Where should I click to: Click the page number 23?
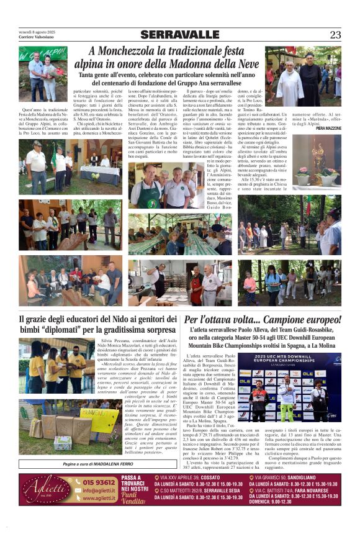click(x=335, y=35)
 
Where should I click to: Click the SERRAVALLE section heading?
click(x=180, y=35)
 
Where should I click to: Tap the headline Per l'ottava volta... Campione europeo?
click(x=263, y=320)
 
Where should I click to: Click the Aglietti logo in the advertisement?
click(x=47, y=489)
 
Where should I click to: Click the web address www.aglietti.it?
click(x=98, y=498)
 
